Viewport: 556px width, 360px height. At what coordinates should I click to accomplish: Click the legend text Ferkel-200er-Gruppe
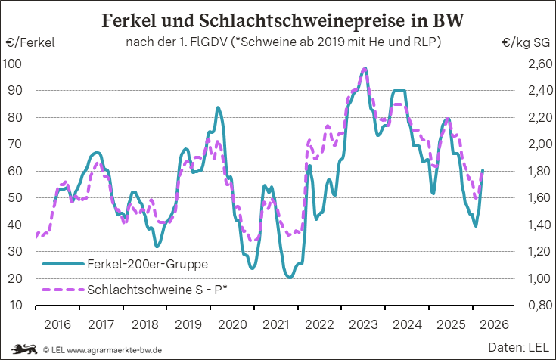[148, 264]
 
